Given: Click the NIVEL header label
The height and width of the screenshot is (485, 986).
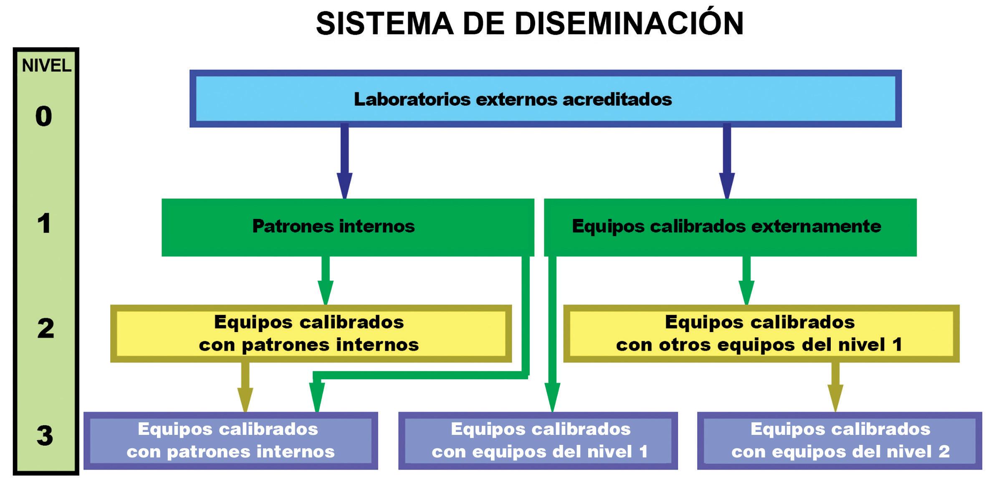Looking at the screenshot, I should pyautogui.click(x=46, y=66).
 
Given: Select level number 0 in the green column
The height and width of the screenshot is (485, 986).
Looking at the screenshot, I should pyautogui.click(x=44, y=116).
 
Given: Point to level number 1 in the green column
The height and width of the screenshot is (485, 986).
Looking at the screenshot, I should pyautogui.click(x=44, y=223).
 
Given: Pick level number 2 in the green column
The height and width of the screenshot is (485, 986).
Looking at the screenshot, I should pyautogui.click(x=46, y=328).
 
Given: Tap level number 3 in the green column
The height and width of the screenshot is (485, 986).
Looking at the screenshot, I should pyautogui.click(x=45, y=436).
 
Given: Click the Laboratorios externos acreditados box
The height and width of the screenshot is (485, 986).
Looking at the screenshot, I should pyautogui.click(x=545, y=99).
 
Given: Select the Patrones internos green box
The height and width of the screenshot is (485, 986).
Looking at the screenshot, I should pyautogui.click(x=348, y=227).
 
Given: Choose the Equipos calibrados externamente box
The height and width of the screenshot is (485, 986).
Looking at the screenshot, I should pyautogui.click(x=730, y=227).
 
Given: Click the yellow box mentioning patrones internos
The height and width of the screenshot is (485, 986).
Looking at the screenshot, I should pyautogui.click(x=311, y=333).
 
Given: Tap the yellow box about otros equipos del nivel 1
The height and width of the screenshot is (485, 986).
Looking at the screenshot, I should pyautogui.click(x=761, y=333).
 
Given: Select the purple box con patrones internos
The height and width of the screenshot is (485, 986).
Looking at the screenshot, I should pyautogui.click(x=230, y=440).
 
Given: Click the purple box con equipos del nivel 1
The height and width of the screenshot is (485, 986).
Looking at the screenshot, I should pyautogui.click(x=538, y=440).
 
